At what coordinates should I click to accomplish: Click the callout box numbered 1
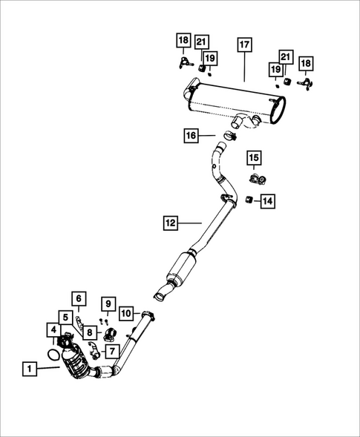coord(29,367)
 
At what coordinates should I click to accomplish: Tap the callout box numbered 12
coord(171,221)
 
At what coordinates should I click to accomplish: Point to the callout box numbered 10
coord(126,314)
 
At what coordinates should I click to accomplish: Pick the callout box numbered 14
coord(267,200)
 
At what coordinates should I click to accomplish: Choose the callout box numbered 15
coord(254,157)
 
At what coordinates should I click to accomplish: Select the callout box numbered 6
coord(79,300)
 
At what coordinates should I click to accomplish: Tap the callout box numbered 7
coord(111,349)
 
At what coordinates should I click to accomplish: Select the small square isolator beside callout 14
coord(249,199)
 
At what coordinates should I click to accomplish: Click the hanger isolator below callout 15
coord(257,179)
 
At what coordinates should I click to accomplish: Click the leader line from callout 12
coord(192,221)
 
